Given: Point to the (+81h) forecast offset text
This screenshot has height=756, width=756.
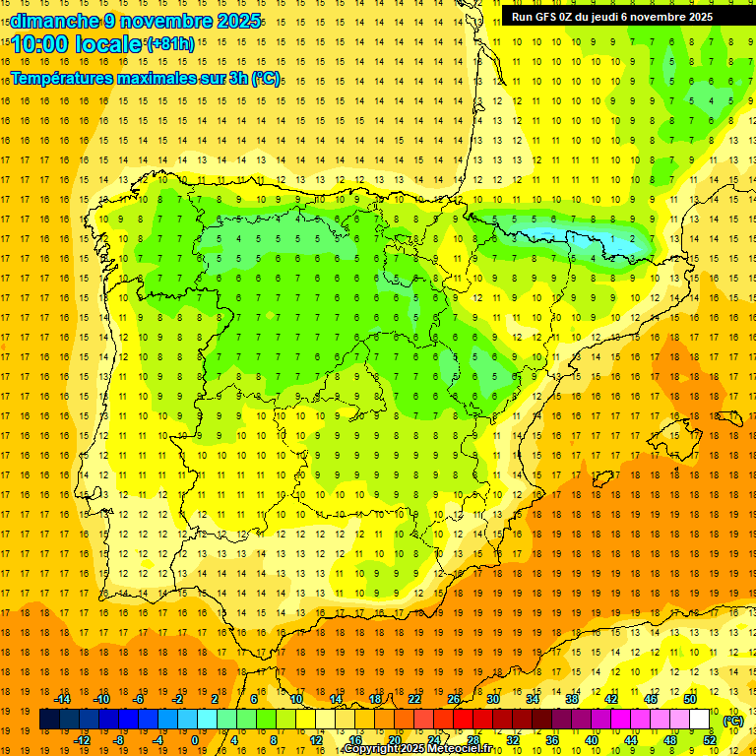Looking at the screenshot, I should click(x=169, y=44).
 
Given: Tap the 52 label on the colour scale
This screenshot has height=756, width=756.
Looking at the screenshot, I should click(x=710, y=740).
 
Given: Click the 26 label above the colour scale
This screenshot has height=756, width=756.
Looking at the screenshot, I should click(x=454, y=699).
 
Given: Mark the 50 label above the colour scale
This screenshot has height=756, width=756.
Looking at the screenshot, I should click(x=690, y=699).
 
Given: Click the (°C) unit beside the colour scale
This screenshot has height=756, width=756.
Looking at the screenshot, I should click(x=732, y=720).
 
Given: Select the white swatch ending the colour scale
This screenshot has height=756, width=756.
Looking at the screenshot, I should click(x=700, y=720).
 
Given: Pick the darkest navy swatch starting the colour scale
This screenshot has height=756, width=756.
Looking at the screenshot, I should click(x=50, y=720).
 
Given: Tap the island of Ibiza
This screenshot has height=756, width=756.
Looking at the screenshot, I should click(x=599, y=478).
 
